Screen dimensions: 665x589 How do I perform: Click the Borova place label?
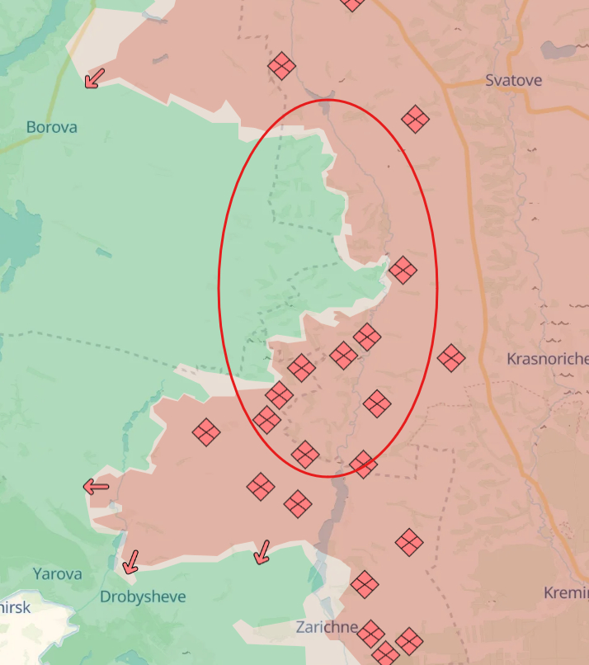click(x=51, y=127)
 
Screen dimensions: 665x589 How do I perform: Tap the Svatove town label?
click(x=513, y=80)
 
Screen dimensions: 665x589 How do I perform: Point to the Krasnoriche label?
click(x=547, y=359)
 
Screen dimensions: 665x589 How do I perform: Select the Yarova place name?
click(x=58, y=573)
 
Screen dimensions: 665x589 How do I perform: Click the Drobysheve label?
click(x=143, y=597)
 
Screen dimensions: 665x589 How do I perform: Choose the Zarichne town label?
click(x=327, y=627)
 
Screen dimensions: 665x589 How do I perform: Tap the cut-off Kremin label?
click(x=566, y=593)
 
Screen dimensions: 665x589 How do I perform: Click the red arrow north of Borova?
click(x=95, y=78)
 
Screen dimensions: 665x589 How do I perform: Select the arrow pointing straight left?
click(x=97, y=487)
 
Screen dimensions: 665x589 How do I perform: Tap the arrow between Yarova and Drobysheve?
click(x=130, y=562)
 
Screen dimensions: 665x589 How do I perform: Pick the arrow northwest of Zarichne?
click(x=262, y=551)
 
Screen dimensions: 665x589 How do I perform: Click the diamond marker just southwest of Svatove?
click(x=415, y=120)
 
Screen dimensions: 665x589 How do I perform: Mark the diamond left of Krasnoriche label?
click(x=451, y=358)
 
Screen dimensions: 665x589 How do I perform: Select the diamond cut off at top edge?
click(x=352, y=3)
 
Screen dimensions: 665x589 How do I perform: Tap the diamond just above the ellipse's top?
click(x=281, y=66)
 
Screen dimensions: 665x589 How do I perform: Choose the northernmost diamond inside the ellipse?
click(x=403, y=270)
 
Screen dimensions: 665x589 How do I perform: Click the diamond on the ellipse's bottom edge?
click(x=363, y=465)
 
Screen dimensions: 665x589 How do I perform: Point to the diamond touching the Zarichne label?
click(x=370, y=634)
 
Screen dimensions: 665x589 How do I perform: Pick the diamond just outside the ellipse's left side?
click(x=205, y=432)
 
